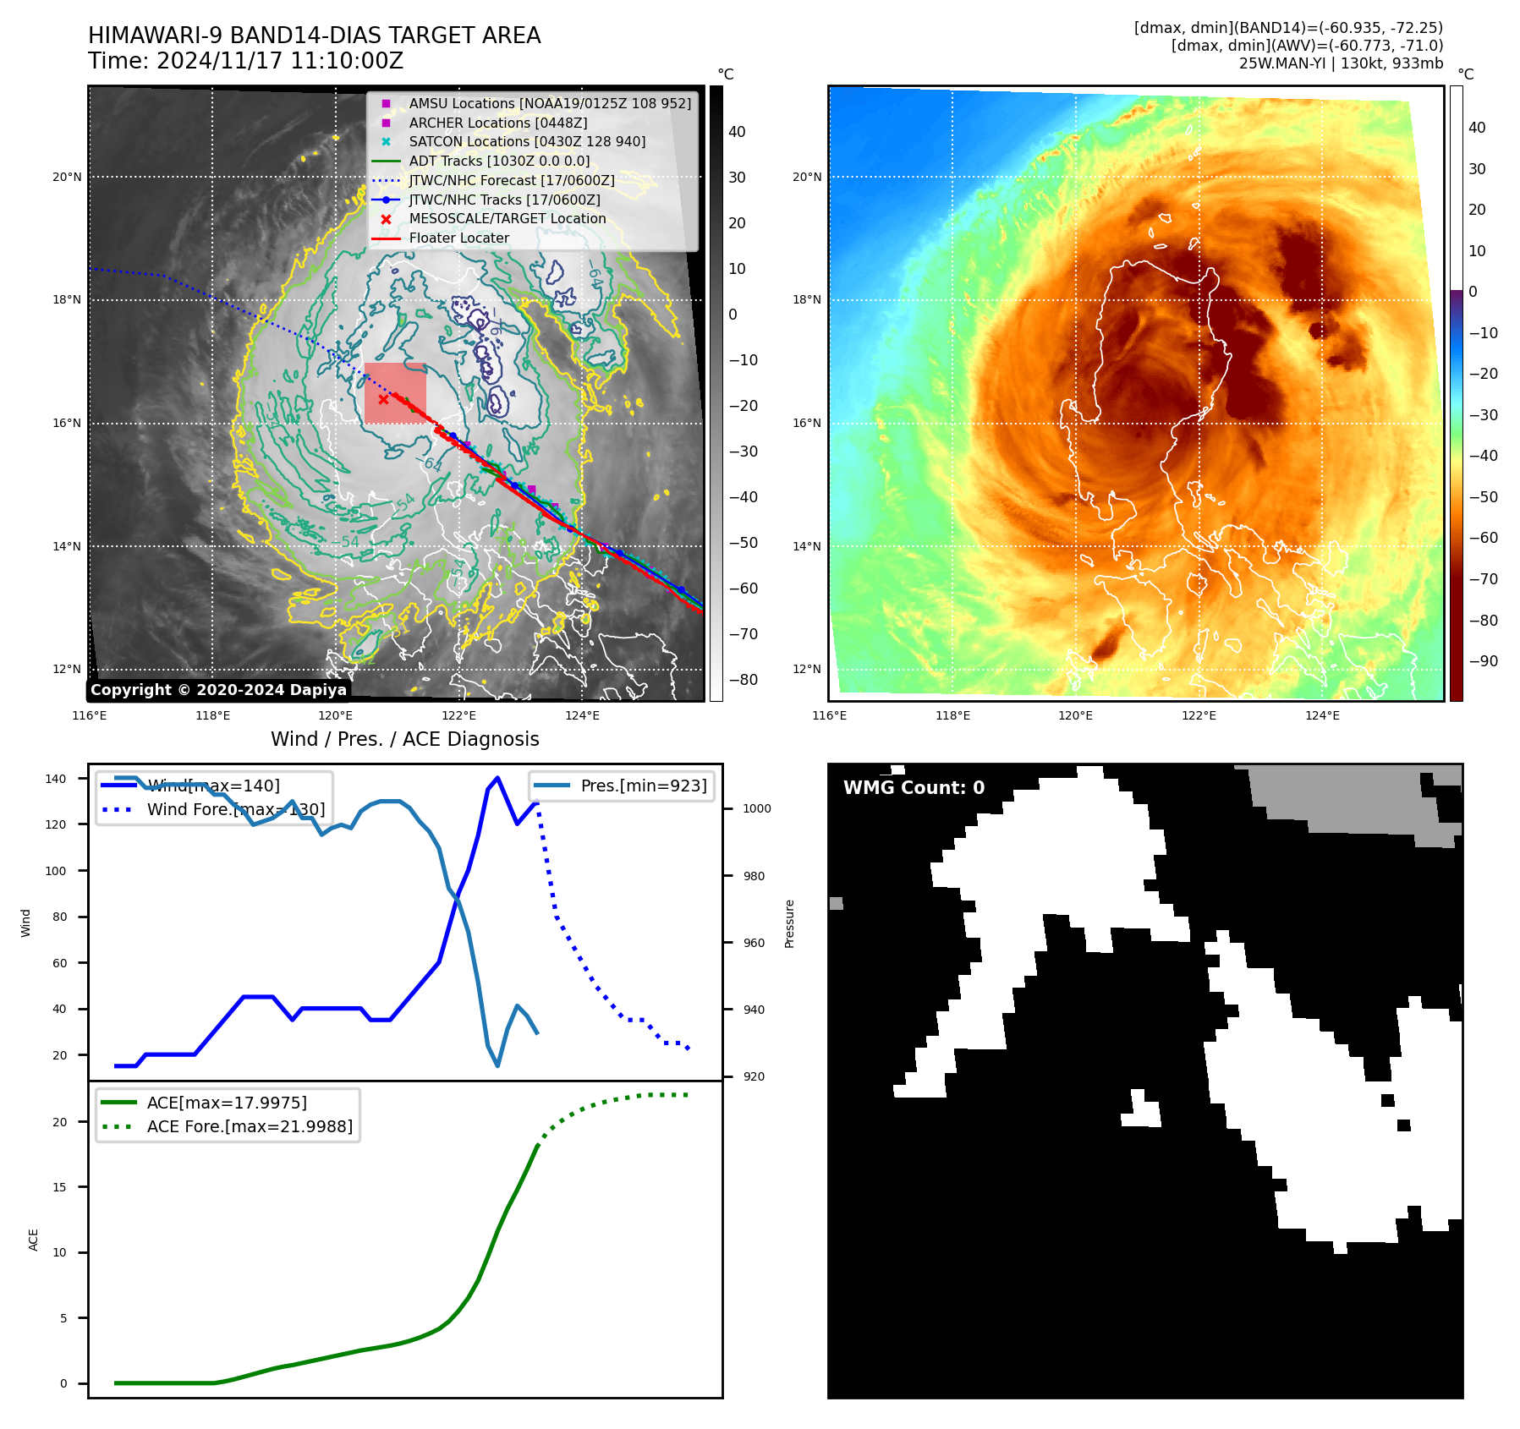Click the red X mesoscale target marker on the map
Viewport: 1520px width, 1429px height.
(384, 399)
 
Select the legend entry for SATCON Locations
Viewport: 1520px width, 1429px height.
(526, 142)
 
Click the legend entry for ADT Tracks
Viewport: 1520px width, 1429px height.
(499, 161)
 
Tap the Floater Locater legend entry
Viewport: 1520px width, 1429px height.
(458, 238)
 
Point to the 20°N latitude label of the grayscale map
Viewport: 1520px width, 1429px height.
(68, 178)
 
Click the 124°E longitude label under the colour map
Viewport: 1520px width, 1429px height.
(1322, 715)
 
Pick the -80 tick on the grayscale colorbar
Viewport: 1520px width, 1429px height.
(743, 680)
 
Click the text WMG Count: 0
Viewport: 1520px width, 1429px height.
(914, 788)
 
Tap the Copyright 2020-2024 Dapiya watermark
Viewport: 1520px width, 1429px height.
(218, 690)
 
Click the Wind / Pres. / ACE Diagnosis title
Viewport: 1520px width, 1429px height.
(404, 739)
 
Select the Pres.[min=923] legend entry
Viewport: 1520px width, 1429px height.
(643, 786)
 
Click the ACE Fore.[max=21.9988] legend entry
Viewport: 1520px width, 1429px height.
(250, 1126)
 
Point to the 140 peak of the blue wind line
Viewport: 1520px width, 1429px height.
(497, 778)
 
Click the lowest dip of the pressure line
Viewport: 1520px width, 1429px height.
(497, 1065)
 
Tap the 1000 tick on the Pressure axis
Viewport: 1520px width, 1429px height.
(756, 809)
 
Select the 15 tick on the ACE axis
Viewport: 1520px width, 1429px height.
(59, 1187)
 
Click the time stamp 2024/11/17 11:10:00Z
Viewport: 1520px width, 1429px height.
(279, 62)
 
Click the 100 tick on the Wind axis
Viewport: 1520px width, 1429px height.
(56, 871)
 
